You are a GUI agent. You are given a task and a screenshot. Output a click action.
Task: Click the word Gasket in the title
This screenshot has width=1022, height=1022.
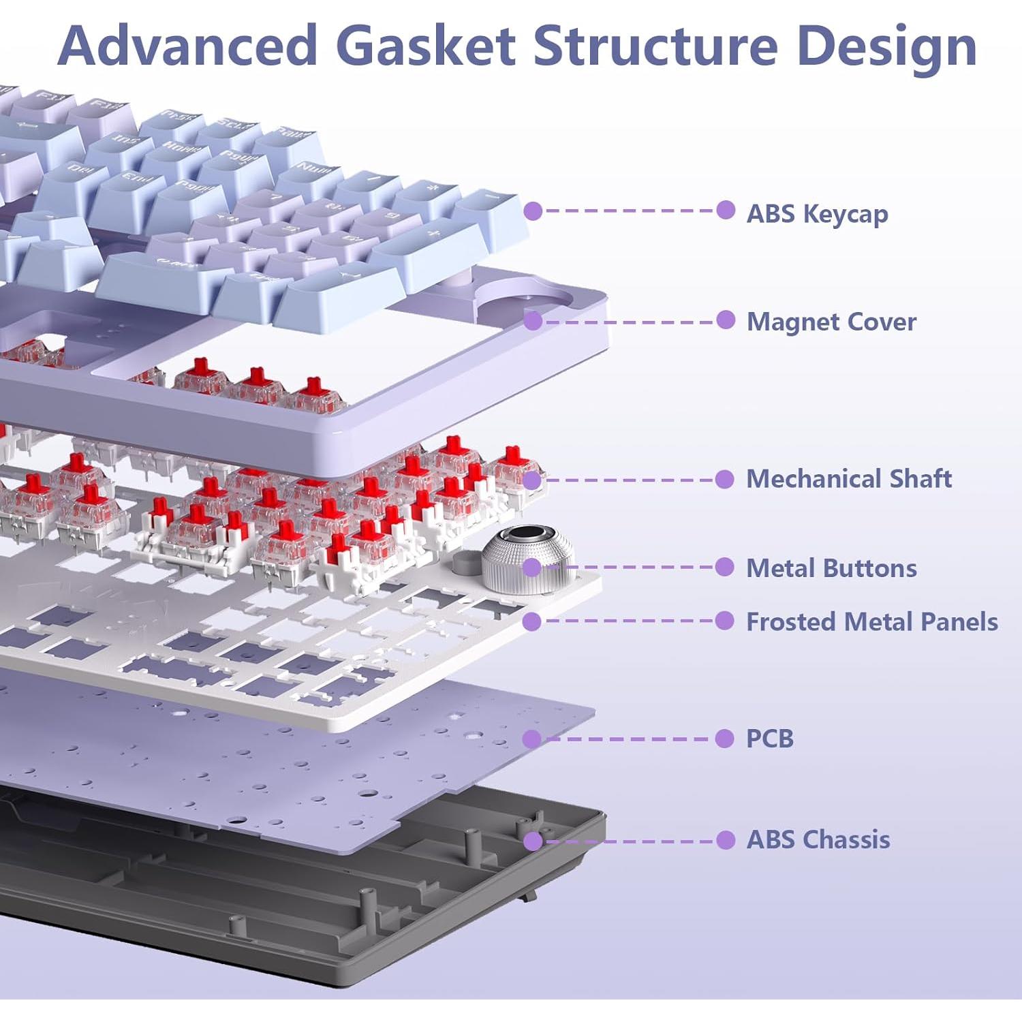[425, 46]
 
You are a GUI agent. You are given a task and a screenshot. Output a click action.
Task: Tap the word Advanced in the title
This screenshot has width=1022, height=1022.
[188, 46]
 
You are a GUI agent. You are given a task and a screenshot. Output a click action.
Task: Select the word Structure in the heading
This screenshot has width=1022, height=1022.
[655, 46]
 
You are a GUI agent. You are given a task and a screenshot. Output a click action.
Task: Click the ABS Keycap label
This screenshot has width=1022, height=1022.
[817, 214]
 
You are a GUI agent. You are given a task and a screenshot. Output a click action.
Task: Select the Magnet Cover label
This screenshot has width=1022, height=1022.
[831, 322]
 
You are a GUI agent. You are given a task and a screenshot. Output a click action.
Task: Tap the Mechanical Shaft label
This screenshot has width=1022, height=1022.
[849, 479]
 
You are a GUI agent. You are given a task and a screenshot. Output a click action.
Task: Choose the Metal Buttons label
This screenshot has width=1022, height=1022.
[831, 568]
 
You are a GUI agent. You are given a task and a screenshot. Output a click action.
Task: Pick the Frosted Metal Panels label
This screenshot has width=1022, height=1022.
[871, 622]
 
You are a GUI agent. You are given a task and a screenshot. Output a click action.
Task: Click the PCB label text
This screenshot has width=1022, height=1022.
[770, 739]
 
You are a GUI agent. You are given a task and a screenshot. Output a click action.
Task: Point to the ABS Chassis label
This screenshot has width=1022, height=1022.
[818, 839]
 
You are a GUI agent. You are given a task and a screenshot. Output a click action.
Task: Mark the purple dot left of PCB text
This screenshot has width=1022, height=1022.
[725, 739]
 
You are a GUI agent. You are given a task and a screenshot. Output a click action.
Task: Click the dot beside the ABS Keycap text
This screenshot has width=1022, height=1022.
[726, 210]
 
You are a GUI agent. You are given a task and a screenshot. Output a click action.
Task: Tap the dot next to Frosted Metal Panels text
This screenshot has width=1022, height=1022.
[725, 621]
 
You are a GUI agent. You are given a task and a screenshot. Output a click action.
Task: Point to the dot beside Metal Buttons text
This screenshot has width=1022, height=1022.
[725, 567]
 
